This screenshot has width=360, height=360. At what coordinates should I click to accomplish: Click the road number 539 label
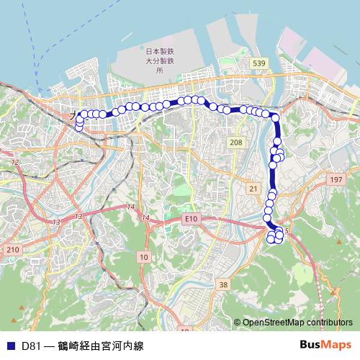click(260, 64)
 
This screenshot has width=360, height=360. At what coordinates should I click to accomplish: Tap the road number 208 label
click(235, 143)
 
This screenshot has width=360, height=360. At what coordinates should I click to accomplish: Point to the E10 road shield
click(190, 217)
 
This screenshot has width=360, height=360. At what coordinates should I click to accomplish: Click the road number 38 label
click(223, 285)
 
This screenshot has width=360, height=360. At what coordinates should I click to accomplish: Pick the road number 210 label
click(12, 249)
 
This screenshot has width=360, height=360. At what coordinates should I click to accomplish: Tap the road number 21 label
click(252, 188)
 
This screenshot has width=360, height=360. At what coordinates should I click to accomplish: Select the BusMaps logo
click(325, 345)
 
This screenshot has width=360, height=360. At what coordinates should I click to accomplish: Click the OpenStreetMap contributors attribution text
click(297, 323)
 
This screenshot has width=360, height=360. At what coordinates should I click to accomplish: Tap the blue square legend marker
click(10, 346)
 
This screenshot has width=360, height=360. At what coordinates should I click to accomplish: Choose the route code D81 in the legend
click(31, 346)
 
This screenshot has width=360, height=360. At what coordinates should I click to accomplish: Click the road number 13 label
click(77, 216)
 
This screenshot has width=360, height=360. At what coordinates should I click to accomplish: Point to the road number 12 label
click(14, 163)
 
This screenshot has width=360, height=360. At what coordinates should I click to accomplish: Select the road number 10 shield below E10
click(144, 256)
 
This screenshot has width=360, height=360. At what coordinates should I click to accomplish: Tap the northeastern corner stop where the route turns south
click(274, 117)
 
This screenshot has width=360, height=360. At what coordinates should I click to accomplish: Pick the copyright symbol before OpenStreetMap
click(238, 323)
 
